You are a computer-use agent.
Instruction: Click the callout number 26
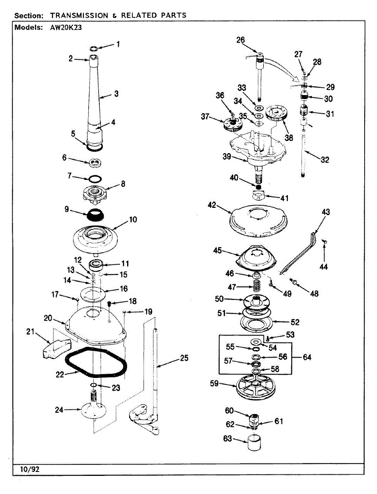coord(240,40)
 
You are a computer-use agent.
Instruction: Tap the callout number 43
coord(326,212)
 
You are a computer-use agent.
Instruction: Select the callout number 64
coord(307,357)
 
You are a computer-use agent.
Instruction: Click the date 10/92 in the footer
coord(26,469)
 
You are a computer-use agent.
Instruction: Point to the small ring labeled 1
coord(94,48)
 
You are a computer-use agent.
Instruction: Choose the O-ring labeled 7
coord(96,179)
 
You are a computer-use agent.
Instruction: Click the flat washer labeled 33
coord(259,108)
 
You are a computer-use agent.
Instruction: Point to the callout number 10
coord(133,219)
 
